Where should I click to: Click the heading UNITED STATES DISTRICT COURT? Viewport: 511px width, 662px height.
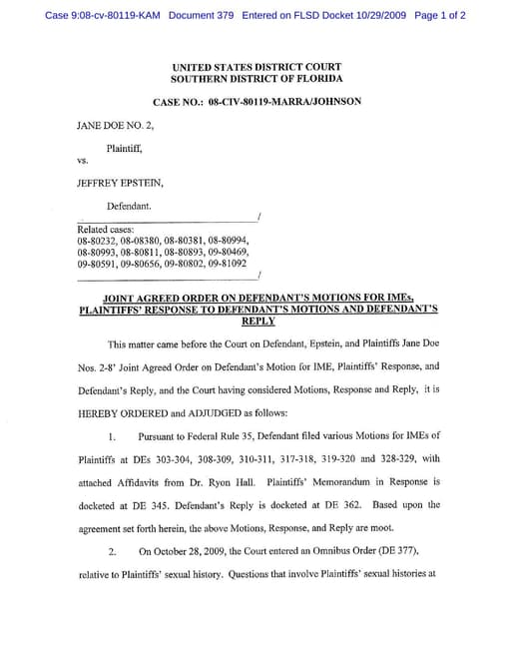click(256, 66)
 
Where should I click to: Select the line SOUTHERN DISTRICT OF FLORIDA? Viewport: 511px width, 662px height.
click(256, 78)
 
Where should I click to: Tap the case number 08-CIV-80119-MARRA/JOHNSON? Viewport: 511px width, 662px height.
click(257, 102)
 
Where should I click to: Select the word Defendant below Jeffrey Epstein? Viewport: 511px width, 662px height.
click(130, 206)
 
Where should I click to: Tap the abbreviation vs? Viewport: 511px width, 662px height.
click(83, 160)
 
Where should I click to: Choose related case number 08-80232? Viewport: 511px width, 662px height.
click(98, 242)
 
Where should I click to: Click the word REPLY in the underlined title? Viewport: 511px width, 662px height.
click(257, 323)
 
